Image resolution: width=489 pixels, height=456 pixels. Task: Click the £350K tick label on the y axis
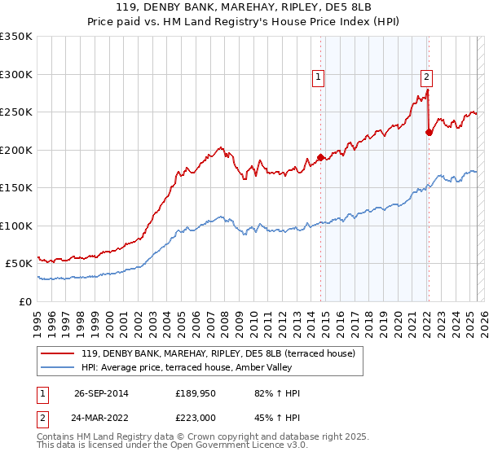[x=16, y=37]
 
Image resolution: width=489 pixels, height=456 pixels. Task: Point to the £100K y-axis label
[x=16, y=226]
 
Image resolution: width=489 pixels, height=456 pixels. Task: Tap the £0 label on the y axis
[x=24, y=301]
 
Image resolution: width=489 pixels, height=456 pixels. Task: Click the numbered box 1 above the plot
[x=319, y=78]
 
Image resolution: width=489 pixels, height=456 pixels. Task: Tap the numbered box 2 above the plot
[x=426, y=78]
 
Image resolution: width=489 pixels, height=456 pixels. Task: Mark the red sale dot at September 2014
[x=321, y=157]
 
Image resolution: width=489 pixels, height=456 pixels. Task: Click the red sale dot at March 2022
[x=429, y=133]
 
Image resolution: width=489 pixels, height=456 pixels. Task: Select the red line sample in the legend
[x=59, y=353]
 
